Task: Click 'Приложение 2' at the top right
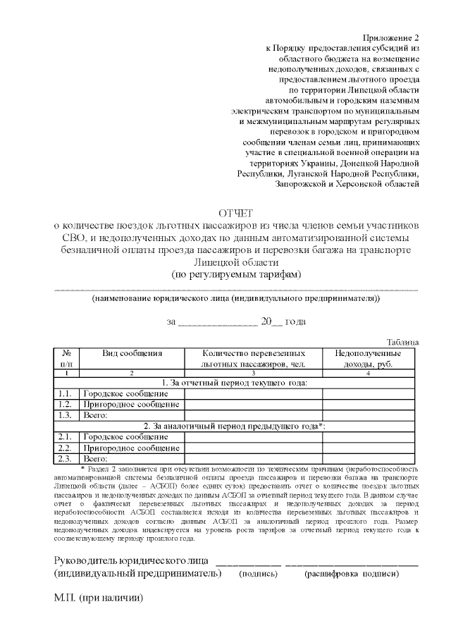click(x=391, y=37)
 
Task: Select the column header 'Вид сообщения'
click(x=132, y=352)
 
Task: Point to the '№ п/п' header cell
click(x=66, y=357)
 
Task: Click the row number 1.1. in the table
click(x=66, y=393)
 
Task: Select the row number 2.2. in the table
click(x=66, y=448)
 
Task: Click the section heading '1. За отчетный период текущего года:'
click(x=235, y=382)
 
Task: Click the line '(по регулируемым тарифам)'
click(x=235, y=274)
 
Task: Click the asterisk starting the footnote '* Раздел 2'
click(x=83, y=468)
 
